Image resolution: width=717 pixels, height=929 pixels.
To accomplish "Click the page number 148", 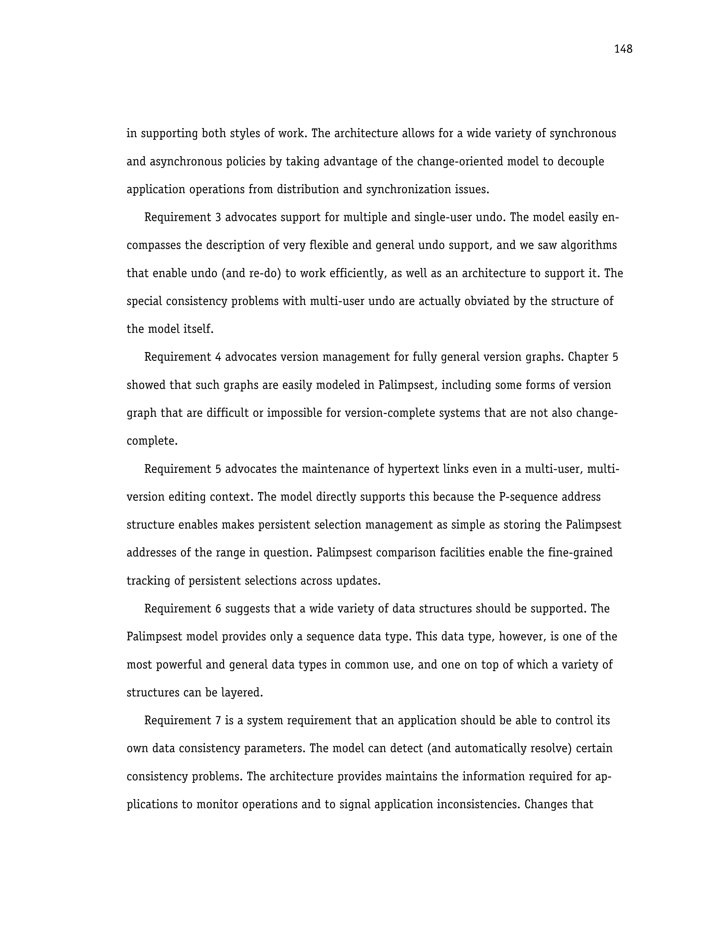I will (x=623, y=49).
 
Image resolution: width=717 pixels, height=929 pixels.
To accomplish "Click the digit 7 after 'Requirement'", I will (x=218, y=721).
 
